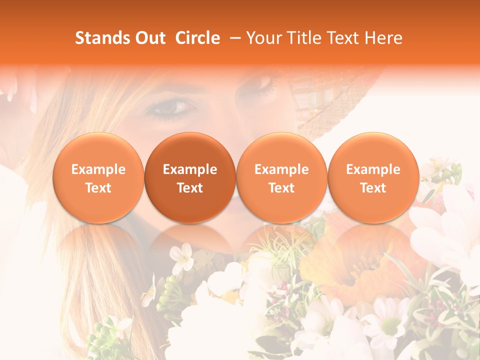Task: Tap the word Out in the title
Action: [x=149, y=38]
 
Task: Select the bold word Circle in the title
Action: [x=197, y=38]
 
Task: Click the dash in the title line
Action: [x=235, y=38]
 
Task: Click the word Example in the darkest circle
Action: [x=190, y=169]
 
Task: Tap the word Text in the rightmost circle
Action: [x=373, y=188]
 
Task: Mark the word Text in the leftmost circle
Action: [x=98, y=188]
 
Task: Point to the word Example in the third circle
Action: [x=281, y=169]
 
